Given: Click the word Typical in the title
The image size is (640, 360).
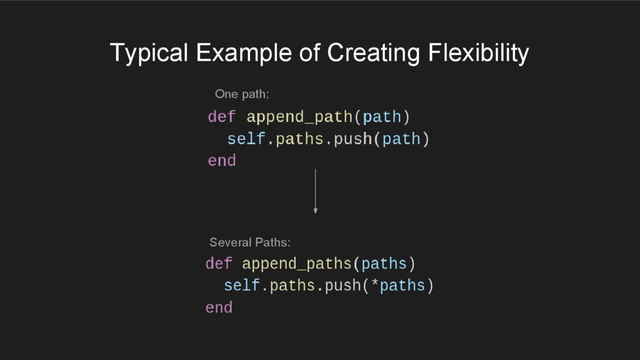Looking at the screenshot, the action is click(x=149, y=54).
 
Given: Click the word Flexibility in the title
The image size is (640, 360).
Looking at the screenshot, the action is click(x=478, y=54).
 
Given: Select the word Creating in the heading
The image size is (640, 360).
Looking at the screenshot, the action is click(x=373, y=54).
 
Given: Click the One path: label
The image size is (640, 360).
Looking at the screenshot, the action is click(x=242, y=94).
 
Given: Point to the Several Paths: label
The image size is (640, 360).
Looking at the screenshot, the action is click(x=249, y=242).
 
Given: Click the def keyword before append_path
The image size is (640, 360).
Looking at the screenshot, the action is click(x=222, y=117).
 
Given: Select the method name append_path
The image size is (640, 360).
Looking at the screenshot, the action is click(x=300, y=117).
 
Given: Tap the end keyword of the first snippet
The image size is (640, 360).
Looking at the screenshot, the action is click(x=222, y=161).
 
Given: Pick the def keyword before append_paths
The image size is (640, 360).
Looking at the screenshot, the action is click(x=219, y=264).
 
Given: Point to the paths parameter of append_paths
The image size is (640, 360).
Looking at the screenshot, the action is click(x=384, y=264).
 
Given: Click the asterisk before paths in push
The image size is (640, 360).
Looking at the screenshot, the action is click(x=375, y=286).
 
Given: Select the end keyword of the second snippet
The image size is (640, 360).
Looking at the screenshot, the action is click(x=219, y=307).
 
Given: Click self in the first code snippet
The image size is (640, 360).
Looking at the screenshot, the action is click(x=246, y=139).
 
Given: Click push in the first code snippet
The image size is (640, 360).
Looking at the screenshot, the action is click(x=353, y=139).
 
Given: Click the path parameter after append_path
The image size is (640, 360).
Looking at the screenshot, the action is click(x=381, y=117).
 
